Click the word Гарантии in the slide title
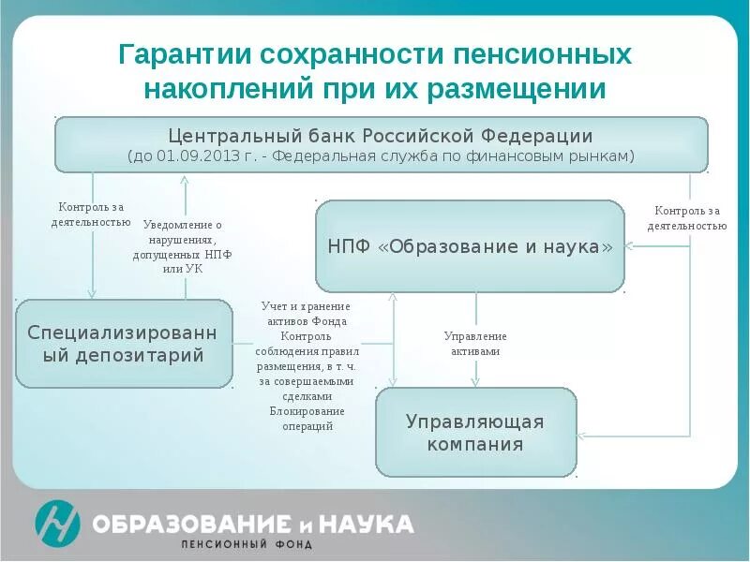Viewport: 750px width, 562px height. pyautogui.click(x=175, y=55)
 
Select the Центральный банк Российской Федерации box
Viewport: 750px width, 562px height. pyautogui.click(x=381, y=144)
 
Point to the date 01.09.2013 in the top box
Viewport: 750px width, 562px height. pyautogui.click(x=195, y=156)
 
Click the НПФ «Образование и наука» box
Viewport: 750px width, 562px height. pyautogui.click(x=470, y=246)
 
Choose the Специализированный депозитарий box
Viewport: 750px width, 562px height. pyautogui.click(x=124, y=344)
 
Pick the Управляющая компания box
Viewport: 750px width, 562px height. pyautogui.click(x=475, y=433)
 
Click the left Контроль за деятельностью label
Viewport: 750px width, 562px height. pyautogui.click(x=91, y=214)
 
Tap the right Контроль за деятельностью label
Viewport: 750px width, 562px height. pyautogui.click(x=689, y=217)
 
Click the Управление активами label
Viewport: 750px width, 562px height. pyautogui.click(x=474, y=344)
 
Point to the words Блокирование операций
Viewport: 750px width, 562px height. pyautogui.click(x=307, y=419)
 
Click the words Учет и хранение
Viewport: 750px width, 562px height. pyautogui.click(x=307, y=306)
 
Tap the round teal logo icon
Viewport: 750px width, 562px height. pyautogui.click(x=57, y=522)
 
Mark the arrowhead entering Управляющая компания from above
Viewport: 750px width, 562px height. pyautogui.click(x=475, y=382)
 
